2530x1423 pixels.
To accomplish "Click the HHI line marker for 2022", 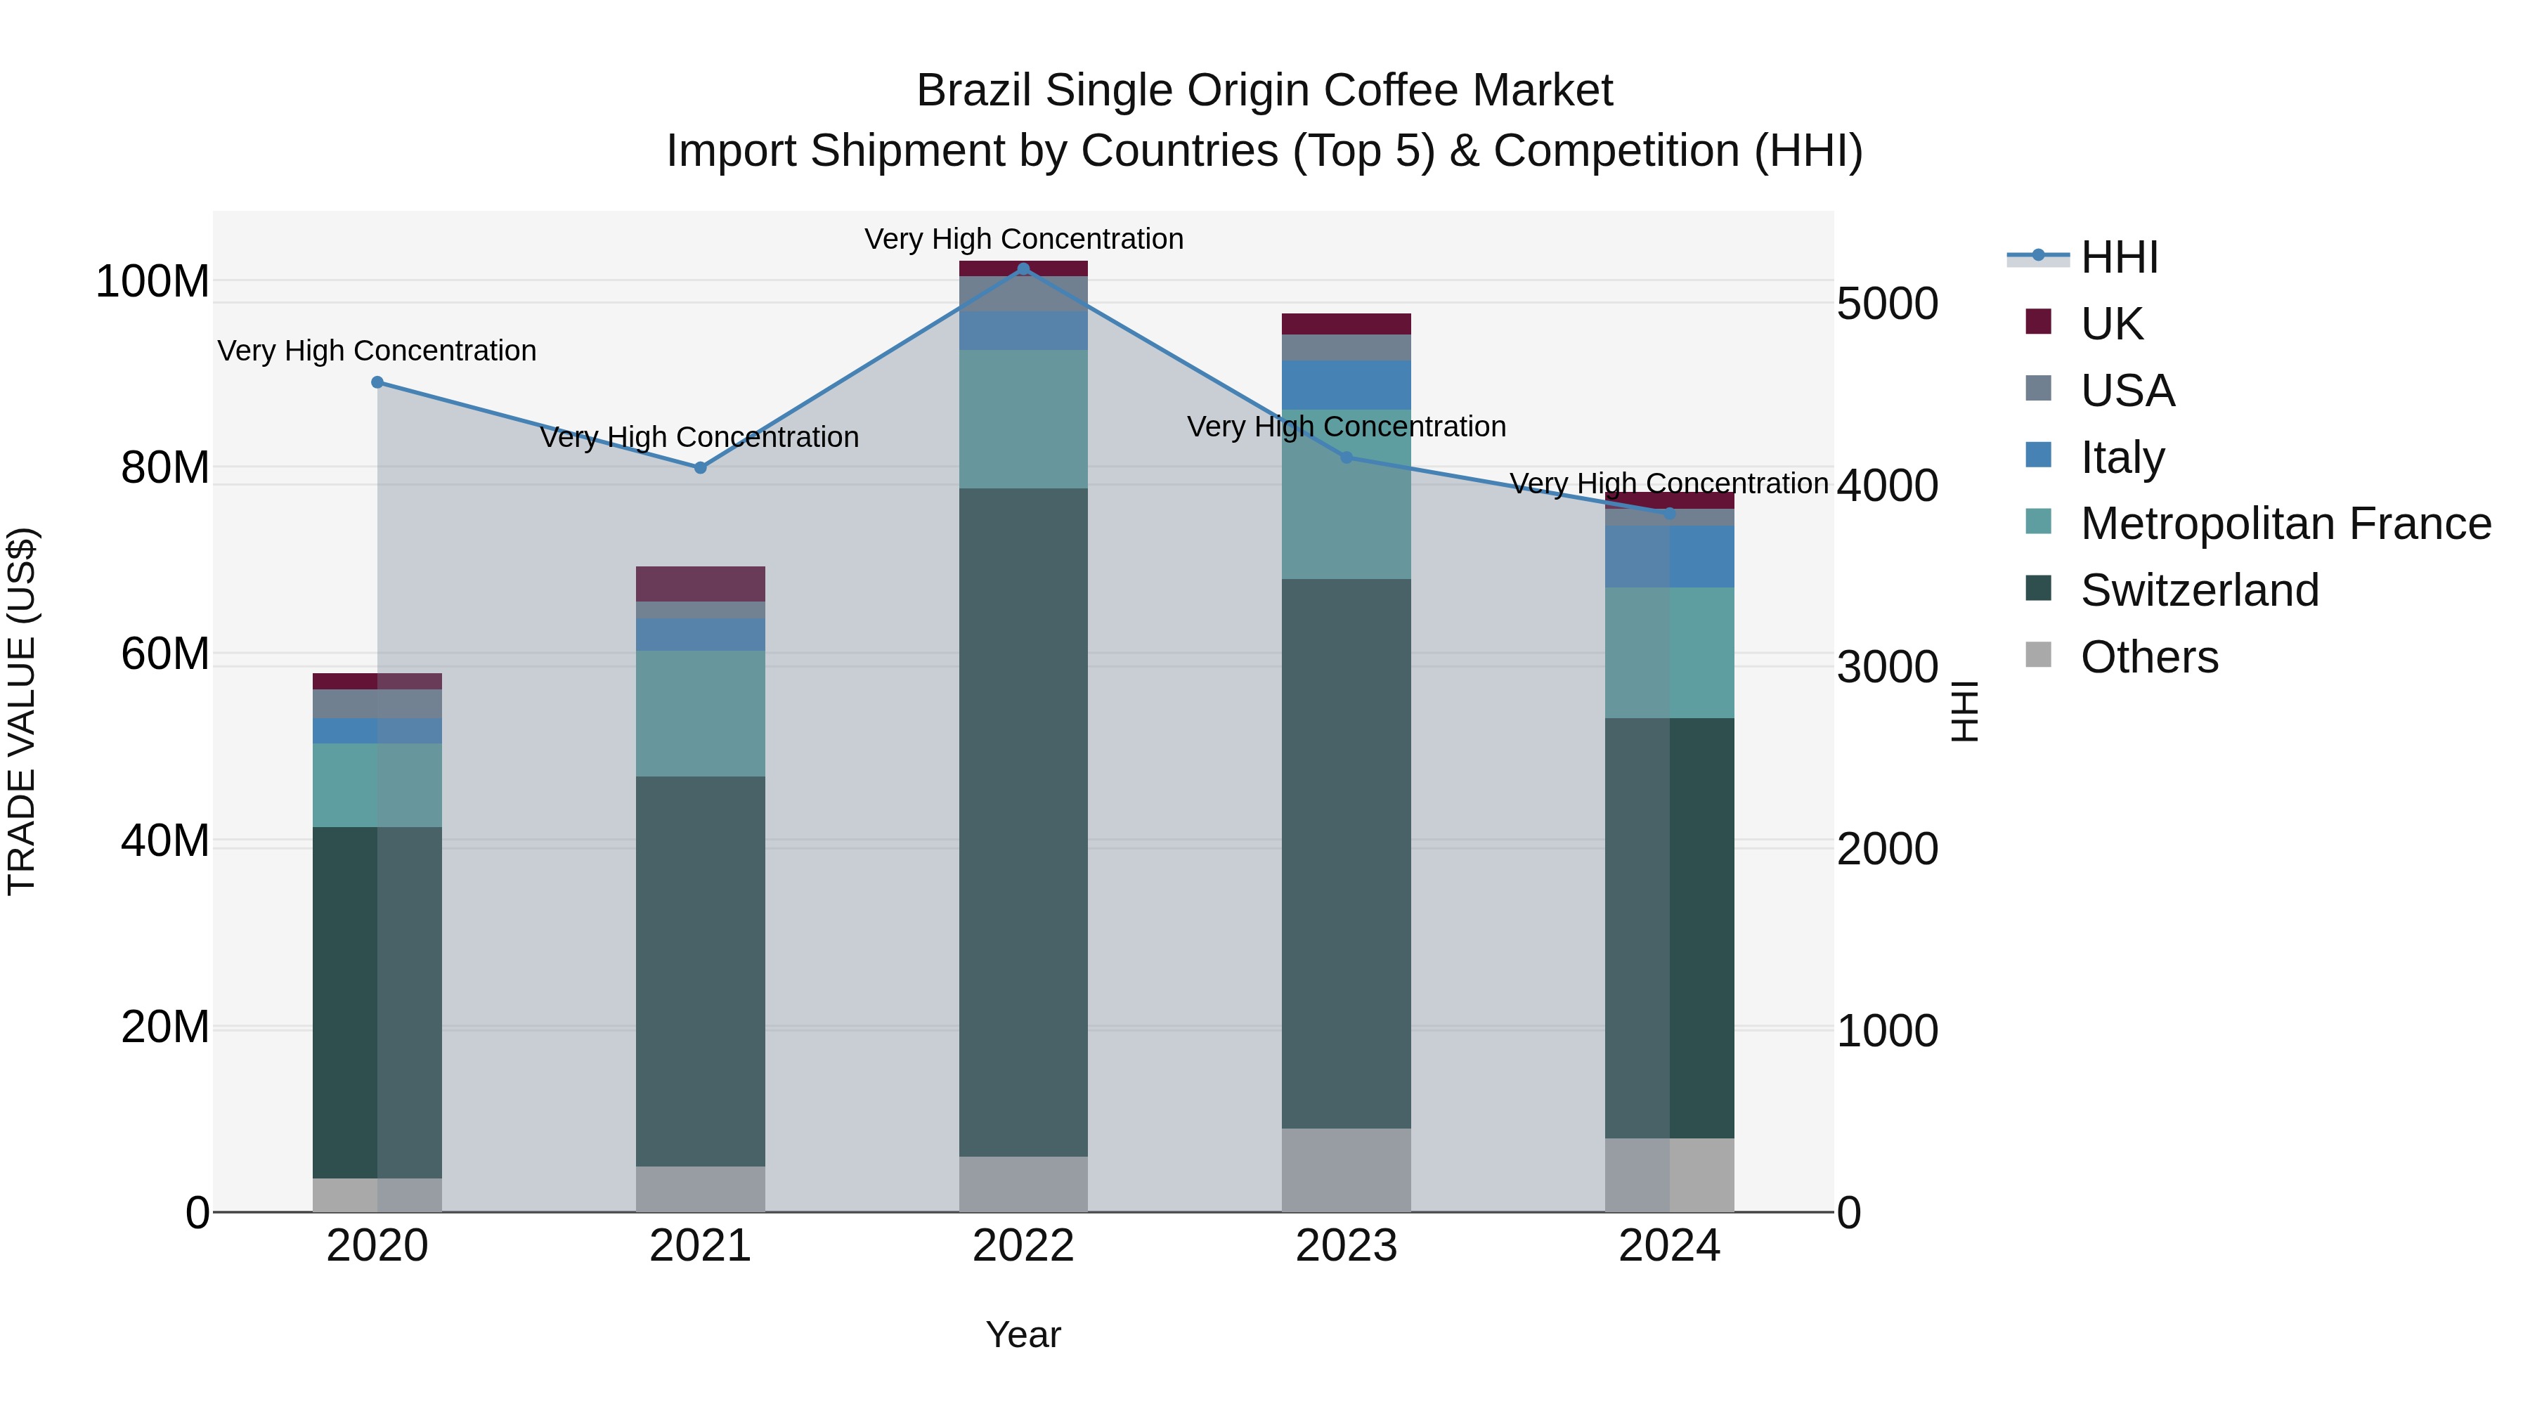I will tap(1023, 269).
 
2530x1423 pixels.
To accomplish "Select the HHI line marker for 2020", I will tap(377, 382).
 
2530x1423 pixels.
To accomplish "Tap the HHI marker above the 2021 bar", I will tap(700, 467).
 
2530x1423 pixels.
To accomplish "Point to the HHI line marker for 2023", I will tap(1347, 457).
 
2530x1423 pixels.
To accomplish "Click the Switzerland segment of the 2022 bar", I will tap(1023, 822).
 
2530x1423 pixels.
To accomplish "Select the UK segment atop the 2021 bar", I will tap(700, 583).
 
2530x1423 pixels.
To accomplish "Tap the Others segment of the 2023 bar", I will tap(1347, 1169).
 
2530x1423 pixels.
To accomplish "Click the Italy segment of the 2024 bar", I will tap(1670, 557).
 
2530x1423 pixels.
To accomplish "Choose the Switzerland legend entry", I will tap(2199, 590).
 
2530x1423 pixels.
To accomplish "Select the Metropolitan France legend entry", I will tap(2285, 524).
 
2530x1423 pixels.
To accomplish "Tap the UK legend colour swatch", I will tap(2038, 321).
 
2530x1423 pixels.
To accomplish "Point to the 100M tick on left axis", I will tap(153, 282).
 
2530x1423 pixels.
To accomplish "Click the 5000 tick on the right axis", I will tap(1887, 304).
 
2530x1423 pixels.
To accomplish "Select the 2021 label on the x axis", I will tap(700, 1246).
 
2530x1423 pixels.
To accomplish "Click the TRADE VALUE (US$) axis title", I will tap(22, 711).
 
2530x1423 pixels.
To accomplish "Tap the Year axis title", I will tap(1023, 1334).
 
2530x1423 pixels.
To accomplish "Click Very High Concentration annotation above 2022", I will tap(1023, 239).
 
